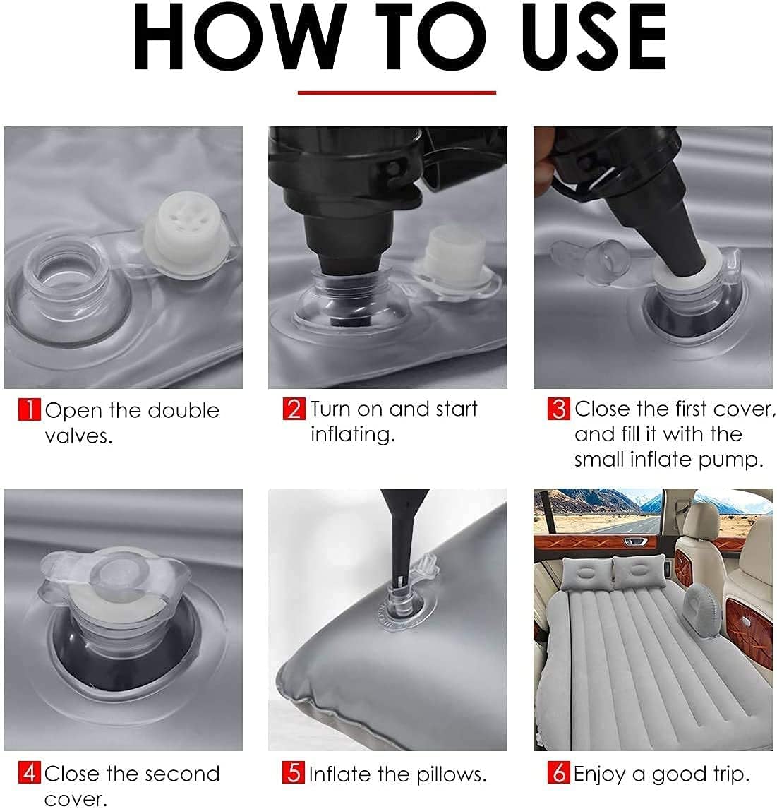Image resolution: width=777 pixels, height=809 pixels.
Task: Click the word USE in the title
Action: (x=594, y=37)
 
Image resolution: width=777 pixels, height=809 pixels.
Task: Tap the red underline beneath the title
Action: (x=397, y=93)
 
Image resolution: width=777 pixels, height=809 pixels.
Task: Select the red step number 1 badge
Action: (x=29, y=409)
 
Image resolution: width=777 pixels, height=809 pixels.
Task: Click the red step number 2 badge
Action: (x=294, y=409)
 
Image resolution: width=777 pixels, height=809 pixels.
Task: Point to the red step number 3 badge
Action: (x=558, y=409)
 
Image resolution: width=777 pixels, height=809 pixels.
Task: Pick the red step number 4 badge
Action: (x=29, y=773)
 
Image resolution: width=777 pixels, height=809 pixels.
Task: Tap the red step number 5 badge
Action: (x=294, y=773)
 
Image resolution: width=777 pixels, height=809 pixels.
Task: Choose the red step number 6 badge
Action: (x=558, y=773)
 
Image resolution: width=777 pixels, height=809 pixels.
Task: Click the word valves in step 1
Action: (x=78, y=436)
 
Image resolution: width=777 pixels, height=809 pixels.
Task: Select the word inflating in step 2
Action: (x=353, y=434)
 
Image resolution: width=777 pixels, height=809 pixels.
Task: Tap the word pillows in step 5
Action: (x=452, y=774)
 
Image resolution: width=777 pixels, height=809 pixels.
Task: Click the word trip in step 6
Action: (x=731, y=774)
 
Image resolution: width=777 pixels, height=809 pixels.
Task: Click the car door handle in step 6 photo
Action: (x=635, y=541)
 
